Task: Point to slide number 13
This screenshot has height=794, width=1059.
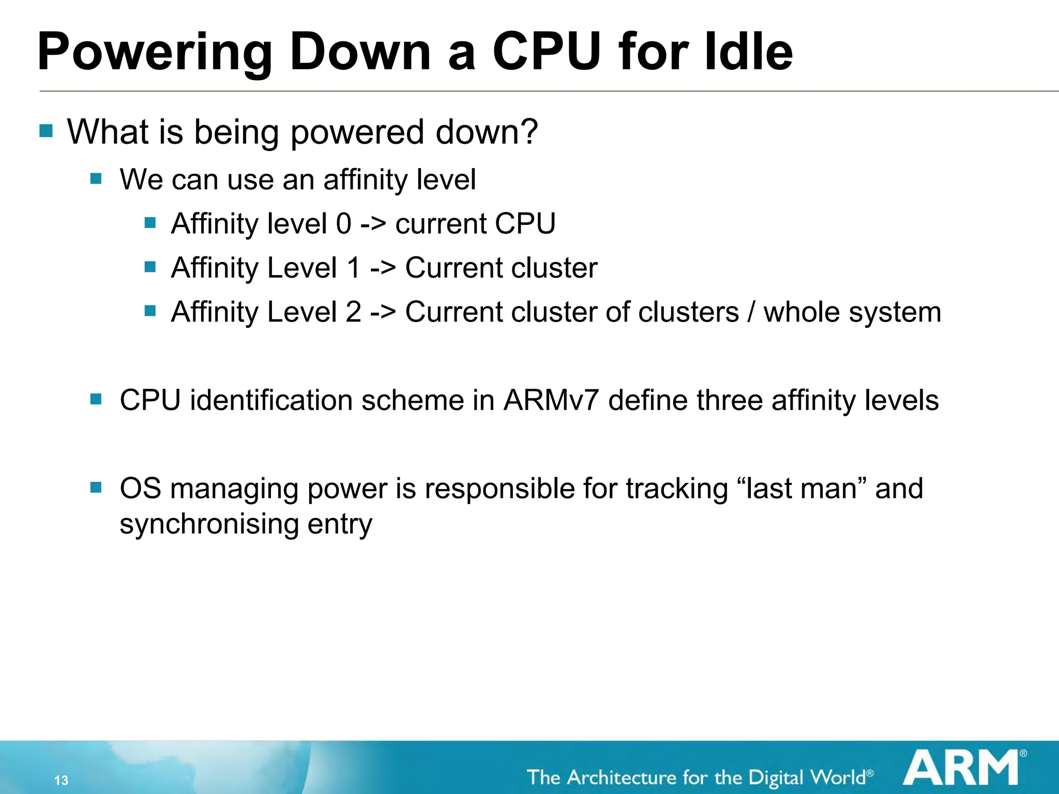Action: point(61,780)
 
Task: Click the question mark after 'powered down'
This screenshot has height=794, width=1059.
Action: point(529,131)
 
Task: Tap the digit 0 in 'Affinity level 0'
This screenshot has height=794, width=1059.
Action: point(344,223)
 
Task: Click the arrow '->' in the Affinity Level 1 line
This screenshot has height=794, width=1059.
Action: point(383,268)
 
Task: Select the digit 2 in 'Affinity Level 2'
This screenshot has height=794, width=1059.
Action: point(353,312)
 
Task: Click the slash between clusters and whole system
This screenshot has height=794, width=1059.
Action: point(751,312)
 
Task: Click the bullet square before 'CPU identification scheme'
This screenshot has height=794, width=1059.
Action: point(96,399)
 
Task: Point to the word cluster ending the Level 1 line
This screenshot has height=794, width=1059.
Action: point(553,268)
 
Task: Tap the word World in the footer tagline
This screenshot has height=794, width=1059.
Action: point(837,777)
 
